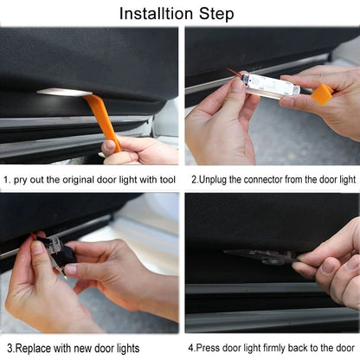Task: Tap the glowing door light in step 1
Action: point(64,92)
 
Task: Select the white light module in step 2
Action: point(270,84)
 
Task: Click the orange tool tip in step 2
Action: point(322,93)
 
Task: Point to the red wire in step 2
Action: point(234,73)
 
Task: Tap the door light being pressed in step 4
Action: point(260,255)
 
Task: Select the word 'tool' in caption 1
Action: point(166,179)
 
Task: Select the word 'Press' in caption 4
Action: point(210,347)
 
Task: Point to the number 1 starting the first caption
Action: point(6,179)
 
